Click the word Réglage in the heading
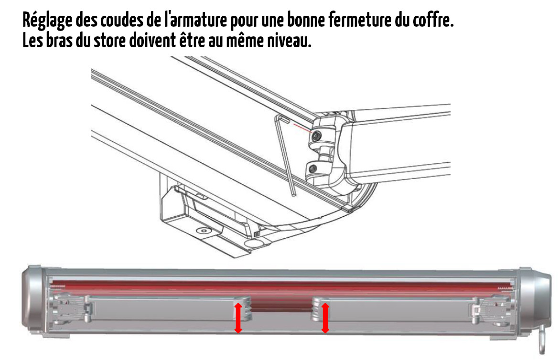[47, 21]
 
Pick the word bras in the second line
[58, 40]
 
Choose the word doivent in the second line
[152, 40]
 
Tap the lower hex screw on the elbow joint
[313, 168]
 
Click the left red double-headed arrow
[238, 318]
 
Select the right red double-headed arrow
[325, 318]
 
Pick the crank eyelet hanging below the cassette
[542, 344]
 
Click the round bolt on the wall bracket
[204, 231]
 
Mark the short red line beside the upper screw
[303, 128]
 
